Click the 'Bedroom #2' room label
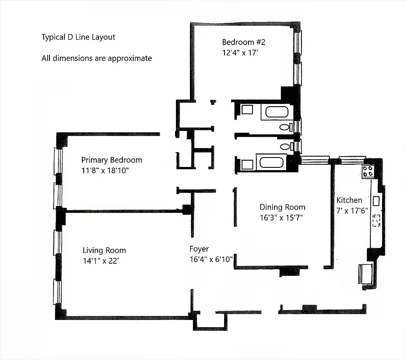[x=243, y=42]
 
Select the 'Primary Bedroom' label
[x=112, y=160]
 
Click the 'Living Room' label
[x=104, y=251]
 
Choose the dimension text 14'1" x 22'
[x=99, y=261]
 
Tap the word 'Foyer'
[x=199, y=249]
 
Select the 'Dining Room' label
[x=282, y=207]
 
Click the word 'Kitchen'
[x=349, y=200]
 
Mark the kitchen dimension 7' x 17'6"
[x=352, y=210]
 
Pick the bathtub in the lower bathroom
[x=270, y=161]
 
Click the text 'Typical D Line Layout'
[x=78, y=37]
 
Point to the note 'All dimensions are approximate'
[x=96, y=58]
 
